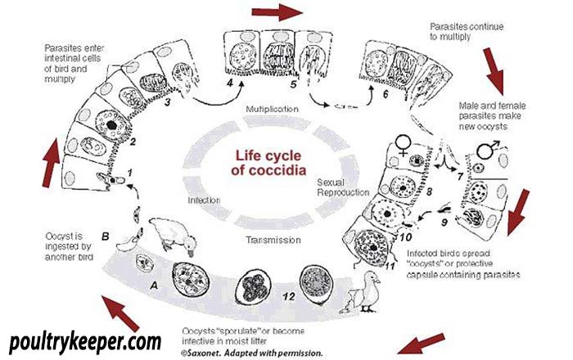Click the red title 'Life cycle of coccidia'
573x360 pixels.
[x=268, y=163]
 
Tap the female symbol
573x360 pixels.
[x=404, y=145]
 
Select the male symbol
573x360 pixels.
[x=488, y=149]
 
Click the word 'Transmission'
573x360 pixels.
[x=273, y=240]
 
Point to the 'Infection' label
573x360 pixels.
[x=204, y=200]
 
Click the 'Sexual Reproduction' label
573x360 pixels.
[x=343, y=187]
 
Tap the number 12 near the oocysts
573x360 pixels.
[x=288, y=296]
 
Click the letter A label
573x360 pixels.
[x=154, y=286]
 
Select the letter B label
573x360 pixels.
[x=106, y=236]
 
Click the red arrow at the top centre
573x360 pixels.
[x=277, y=11]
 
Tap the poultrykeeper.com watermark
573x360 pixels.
[x=85, y=343]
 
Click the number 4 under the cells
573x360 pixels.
[x=229, y=83]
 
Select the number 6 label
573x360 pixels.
[x=386, y=94]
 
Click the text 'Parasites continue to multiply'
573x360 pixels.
[x=467, y=31]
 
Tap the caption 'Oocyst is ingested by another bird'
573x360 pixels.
[x=69, y=246]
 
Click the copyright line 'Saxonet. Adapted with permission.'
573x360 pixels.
[x=252, y=353]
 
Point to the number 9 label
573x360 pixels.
[x=444, y=222]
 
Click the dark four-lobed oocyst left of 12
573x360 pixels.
[x=252, y=287]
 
